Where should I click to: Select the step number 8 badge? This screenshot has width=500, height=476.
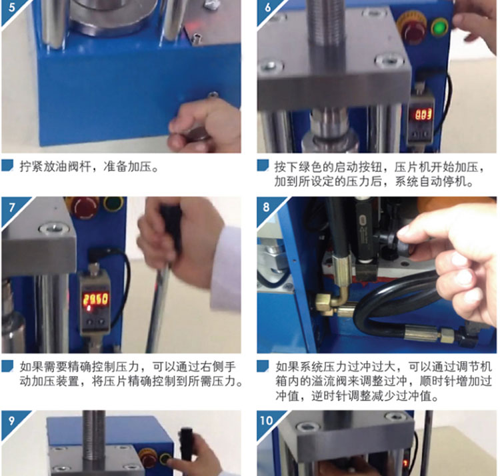[x=267, y=208]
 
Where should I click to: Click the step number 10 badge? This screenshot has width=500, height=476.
[x=267, y=421]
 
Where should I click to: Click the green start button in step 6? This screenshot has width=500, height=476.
[x=440, y=27]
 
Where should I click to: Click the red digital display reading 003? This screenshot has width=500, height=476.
[x=423, y=115]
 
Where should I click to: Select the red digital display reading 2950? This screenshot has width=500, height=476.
[x=95, y=300]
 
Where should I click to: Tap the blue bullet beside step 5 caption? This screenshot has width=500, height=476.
[x=7, y=165]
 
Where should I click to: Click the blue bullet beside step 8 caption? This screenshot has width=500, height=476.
[x=263, y=366]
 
